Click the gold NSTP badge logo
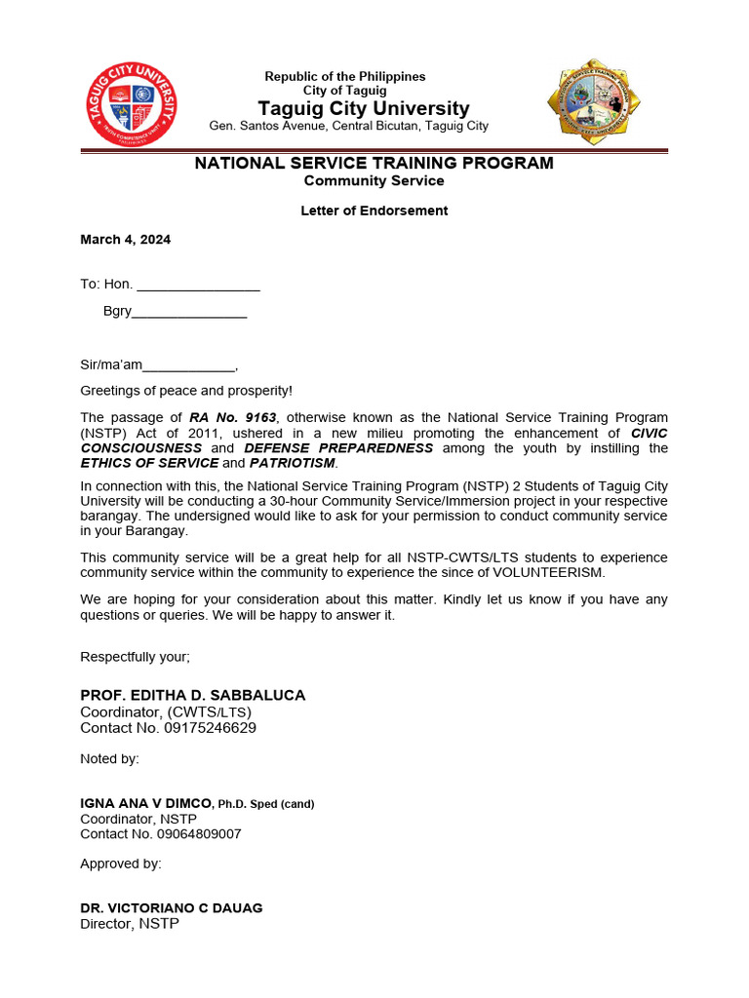(594, 102)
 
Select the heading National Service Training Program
(374, 163)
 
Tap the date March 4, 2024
(125, 240)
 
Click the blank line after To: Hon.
(198, 286)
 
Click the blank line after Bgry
(189, 312)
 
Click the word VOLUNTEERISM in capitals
(549, 573)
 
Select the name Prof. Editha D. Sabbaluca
(192, 695)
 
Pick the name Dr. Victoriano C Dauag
(171, 907)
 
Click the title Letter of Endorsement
(374, 211)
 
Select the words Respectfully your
(135, 657)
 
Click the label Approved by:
(121, 864)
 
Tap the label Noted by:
(109, 758)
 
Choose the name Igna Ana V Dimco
(146, 803)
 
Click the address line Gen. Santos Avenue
(348, 126)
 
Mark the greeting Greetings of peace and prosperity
(185, 391)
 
